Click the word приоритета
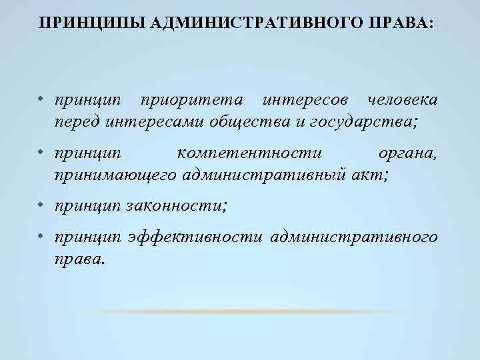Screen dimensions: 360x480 coord(191,100)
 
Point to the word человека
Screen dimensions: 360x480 coord(398,100)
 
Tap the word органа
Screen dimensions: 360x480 coord(407,153)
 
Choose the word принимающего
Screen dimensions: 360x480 coord(115,175)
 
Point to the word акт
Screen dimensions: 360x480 coord(371,175)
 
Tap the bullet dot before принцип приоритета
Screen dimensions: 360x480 coord(41,100)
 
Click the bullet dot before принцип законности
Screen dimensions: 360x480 coord(41,205)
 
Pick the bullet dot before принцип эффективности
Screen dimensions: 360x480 coord(41,236)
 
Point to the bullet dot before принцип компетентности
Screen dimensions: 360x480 coord(41,153)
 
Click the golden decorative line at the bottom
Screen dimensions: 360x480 coord(240,312)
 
